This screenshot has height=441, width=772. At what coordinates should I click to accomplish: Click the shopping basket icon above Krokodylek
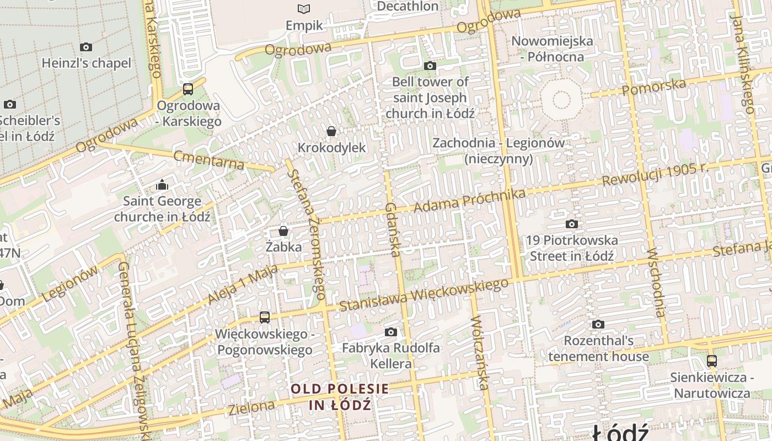331,131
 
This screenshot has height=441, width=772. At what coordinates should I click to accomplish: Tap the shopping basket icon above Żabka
283,230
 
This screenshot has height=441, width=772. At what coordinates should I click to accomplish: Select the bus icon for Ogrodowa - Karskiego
188,89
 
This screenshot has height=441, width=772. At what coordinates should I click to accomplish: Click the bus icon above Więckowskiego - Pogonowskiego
265,317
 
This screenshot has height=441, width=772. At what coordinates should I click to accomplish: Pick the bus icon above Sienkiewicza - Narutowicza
712,361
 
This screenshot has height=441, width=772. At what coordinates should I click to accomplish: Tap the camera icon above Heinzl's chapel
86,47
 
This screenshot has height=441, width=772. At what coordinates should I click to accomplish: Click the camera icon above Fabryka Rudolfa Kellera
391,332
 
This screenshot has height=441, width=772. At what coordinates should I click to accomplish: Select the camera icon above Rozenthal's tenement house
598,324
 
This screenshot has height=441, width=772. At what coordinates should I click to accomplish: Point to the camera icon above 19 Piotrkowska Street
572,224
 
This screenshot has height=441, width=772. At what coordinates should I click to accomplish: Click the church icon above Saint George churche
162,184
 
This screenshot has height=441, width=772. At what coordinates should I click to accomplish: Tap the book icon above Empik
304,9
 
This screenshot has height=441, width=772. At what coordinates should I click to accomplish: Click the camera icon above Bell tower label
430,66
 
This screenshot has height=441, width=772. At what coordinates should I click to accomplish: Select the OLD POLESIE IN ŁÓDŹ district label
340,397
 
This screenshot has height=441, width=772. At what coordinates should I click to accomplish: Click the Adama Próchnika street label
469,201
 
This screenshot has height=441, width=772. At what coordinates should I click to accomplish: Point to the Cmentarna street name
209,160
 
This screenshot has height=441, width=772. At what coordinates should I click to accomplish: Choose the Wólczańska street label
480,353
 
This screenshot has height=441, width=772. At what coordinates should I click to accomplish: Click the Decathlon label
408,7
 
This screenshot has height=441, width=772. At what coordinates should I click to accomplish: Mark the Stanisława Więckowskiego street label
423,295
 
